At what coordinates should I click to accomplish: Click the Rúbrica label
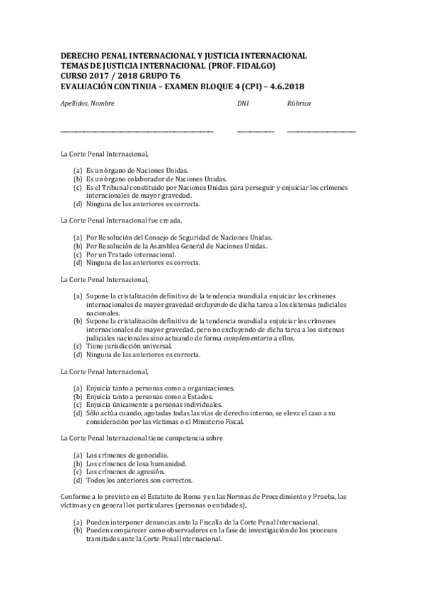click(299, 103)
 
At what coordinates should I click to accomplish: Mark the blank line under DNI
click(255, 131)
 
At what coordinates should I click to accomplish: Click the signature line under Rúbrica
click(321, 131)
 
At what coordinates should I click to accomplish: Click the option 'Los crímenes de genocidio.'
click(127, 454)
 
